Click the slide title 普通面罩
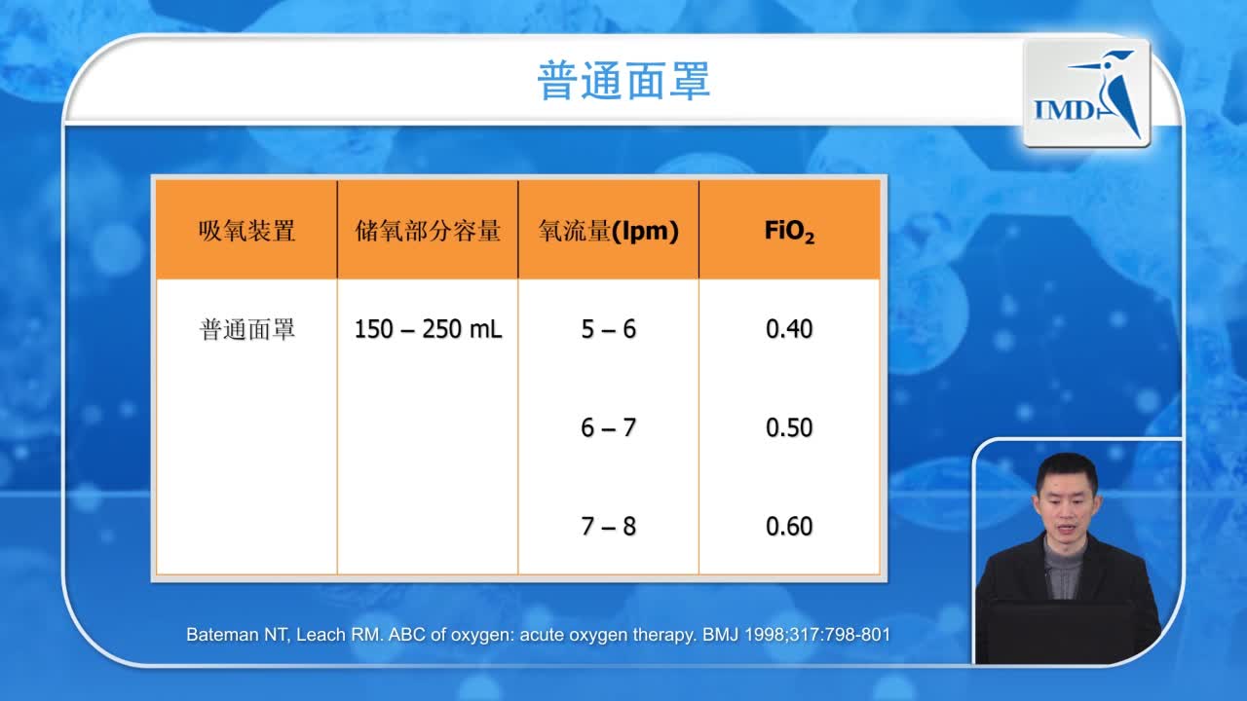point(623,81)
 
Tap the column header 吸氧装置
point(246,231)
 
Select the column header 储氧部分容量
point(428,231)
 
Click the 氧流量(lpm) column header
point(608,231)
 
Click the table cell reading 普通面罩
point(246,329)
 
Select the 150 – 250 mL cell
point(428,329)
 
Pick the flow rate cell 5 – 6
point(608,329)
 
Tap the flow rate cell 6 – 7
point(608,427)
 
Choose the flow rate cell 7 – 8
point(608,527)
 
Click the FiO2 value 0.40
point(789,329)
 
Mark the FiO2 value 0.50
point(789,427)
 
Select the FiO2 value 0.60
point(789,527)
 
